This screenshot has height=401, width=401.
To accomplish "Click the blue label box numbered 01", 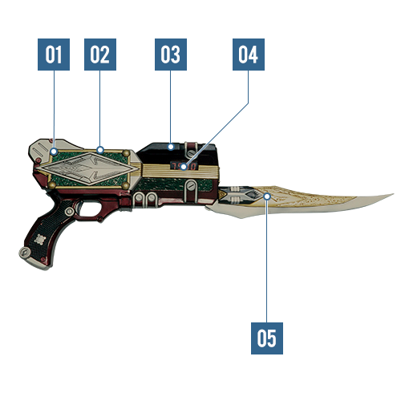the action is (x=54, y=55).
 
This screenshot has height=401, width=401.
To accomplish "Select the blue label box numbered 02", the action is (x=100, y=55).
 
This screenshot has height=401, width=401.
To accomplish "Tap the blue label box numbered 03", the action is (x=171, y=55).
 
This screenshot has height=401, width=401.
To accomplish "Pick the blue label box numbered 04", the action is (x=249, y=55).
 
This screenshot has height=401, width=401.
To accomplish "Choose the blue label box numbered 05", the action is (x=267, y=338).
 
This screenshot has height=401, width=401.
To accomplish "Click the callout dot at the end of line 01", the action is (x=54, y=152).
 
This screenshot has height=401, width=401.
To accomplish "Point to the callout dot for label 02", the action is (x=100, y=150).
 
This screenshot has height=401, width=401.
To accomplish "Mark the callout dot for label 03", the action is (x=171, y=147).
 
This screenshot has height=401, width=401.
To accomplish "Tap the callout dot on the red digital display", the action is (x=184, y=167).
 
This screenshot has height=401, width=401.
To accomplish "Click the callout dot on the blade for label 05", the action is (x=267, y=196).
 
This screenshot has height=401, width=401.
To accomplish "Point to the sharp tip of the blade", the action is (x=393, y=194).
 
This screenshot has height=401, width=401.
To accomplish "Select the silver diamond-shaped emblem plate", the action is (x=87, y=169).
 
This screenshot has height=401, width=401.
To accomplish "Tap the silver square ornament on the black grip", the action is (x=40, y=240).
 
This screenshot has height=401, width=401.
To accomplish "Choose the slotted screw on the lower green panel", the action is (x=190, y=186).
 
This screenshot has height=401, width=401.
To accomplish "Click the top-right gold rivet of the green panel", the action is (x=126, y=153).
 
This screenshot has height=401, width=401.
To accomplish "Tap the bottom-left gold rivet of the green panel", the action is (x=51, y=184).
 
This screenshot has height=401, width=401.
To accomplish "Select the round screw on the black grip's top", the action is (x=69, y=211).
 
